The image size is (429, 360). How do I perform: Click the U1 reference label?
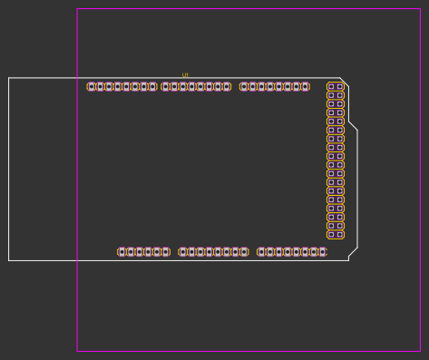pyautogui.click(x=185, y=75)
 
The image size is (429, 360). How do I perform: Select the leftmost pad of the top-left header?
pyautogui.click(x=92, y=87)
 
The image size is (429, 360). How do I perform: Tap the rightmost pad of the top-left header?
pyautogui.click(x=152, y=87)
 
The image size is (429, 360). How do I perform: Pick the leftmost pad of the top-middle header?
pyautogui.click(x=165, y=87)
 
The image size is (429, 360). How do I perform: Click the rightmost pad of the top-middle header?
pyautogui.click(x=227, y=87)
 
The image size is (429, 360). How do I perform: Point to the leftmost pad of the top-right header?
pyautogui.click(x=244, y=87)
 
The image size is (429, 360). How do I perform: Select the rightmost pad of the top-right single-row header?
pyautogui.click(x=305, y=87)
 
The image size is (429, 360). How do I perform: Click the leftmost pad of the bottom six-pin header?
pyautogui.click(x=122, y=252)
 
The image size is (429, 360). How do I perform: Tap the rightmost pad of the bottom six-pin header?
pyautogui.click(x=165, y=252)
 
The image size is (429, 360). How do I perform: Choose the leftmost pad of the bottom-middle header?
pyautogui.click(x=182, y=252)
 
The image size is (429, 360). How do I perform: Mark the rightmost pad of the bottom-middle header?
pyautogui.click(x=244, y=252)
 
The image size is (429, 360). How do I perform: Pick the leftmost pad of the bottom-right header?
pyautogui.click(x=261, y=252)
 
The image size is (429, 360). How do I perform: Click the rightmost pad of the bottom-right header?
pyautogui.click(x=323, y=252)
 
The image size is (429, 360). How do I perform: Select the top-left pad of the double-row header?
pyautogui.click(x=331, y=87)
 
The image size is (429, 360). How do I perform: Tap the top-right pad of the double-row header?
pyautogui.click(x=340, y=87)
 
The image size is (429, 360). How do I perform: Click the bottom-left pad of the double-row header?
pyautogui.click(x=331, y=235)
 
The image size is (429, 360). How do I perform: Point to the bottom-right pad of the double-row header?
pyautogui.click(x=340, y=235)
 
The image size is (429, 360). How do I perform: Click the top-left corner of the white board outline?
pyautogui.click(x=9, y=78)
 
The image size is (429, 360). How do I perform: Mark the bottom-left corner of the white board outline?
pyautogui.click(x=9, y=260)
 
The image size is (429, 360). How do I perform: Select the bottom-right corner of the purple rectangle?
pyautogui.click(x=419, y=350)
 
